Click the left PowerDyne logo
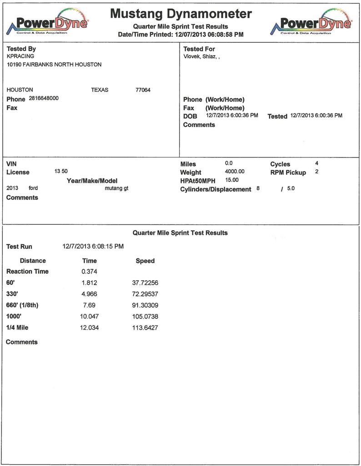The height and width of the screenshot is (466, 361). coord(47,22)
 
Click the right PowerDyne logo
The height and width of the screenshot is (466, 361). coord(311,22)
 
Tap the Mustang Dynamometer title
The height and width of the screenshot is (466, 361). coord(180,14)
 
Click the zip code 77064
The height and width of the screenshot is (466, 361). coord(143,90)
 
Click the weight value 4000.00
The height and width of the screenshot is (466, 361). coord(235,172)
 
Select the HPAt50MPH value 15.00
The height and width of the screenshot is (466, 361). coord(232,180)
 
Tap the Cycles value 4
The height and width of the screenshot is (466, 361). coord(316,162)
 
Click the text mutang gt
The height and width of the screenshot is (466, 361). coord(116,188)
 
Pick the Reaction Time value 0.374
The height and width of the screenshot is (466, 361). coord(89,272)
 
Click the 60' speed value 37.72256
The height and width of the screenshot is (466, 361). coord(145,283)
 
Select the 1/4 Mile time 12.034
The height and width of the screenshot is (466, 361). coord(89,328)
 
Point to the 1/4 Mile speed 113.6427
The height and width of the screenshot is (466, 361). coord(145,328)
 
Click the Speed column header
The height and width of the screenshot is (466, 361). coord(145,261)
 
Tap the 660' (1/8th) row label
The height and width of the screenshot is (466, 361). coord(22,305)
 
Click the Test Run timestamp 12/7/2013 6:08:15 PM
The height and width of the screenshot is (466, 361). coord(93,247)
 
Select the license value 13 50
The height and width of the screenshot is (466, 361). coord(61,172)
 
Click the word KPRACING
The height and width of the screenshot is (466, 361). coord(20,56)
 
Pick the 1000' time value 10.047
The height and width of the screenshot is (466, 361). coord(89,316)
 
